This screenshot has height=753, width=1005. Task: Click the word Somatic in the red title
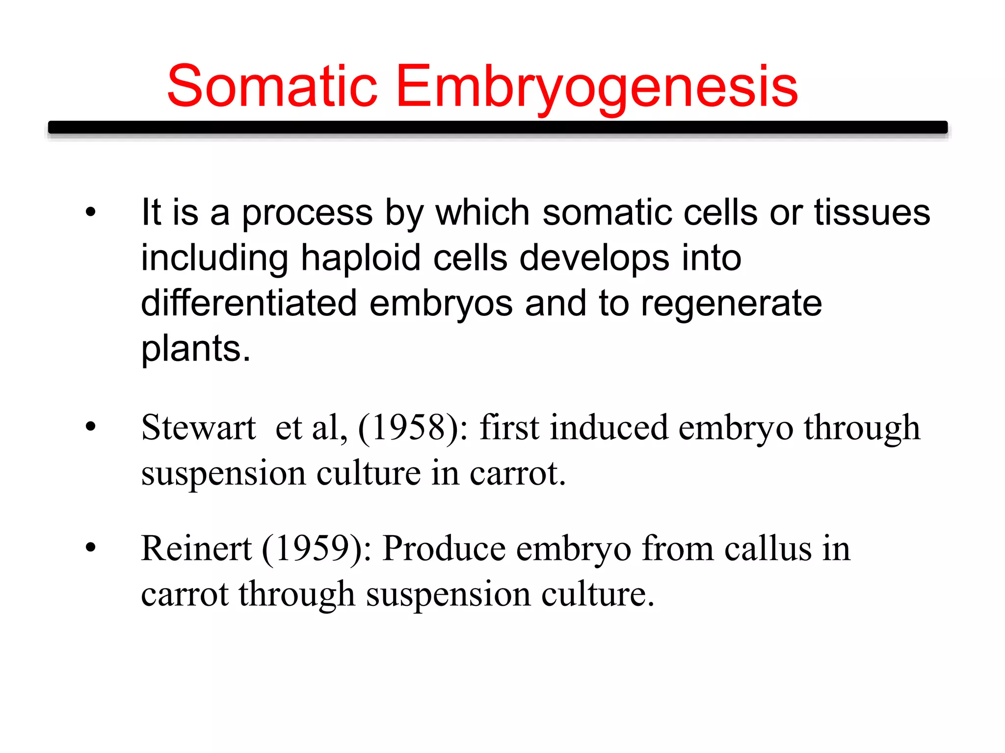tap(272, 87)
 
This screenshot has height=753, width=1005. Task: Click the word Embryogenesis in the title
tap(596, 87)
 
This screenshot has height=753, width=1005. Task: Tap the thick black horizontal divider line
tap(498, 128)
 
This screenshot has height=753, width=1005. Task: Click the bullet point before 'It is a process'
tap(90, 213)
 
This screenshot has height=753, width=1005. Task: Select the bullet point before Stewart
tap(90, 427)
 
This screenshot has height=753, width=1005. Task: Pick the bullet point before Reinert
tap(90, 548)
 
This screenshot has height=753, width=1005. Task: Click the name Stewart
tap(198, 428)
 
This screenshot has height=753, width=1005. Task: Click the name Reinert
tap(196, 548)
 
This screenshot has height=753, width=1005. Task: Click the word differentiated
tap(249, 303)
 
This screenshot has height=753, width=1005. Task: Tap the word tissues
tap(872, 213)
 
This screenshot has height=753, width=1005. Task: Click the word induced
tap(609, 428)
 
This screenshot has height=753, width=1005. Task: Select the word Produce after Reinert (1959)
tap(444, 548)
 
